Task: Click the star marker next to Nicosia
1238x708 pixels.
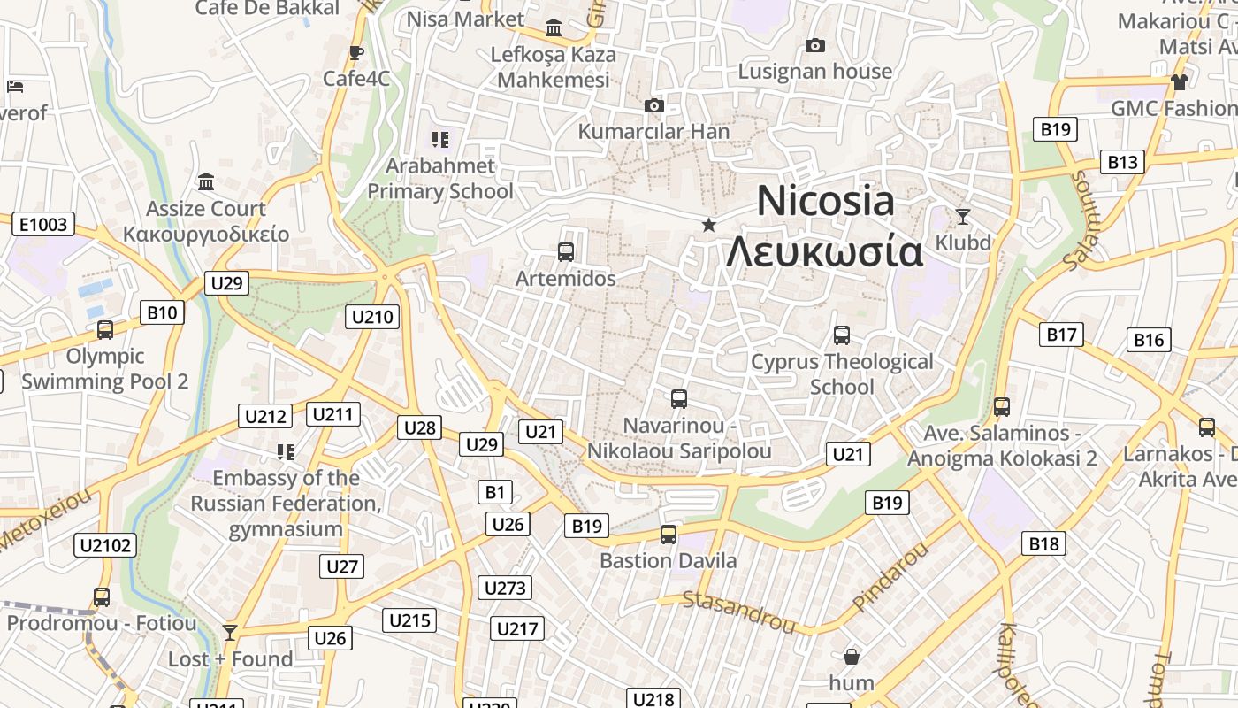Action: (x=708, y=225)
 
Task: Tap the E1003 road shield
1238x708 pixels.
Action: (x=42, y=224)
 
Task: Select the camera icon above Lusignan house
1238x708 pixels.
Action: (x=815, y=46)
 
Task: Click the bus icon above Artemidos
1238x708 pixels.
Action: (x=566, y=252)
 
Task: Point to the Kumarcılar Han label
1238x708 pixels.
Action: (x=653, y=132)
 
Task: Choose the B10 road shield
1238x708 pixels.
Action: (x=162, y=312)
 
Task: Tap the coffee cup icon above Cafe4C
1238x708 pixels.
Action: (x=356, y=53)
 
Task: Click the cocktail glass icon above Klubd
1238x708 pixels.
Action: (x=963, y=216)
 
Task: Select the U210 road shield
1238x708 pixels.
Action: (x=374, y=316)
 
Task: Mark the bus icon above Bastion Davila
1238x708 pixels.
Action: (x=669, y=535)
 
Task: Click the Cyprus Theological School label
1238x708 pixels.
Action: (x=842, y=373)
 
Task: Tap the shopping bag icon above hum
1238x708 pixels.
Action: (x=852, y=657)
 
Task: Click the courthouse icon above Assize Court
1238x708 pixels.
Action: (x=206, y=182)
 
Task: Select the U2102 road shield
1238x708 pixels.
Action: (x=105, y=544)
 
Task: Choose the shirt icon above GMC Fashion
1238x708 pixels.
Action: (x=1180, y=82)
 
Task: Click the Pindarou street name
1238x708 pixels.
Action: (x=891, y=575)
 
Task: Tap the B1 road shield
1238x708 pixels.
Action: (x=495, y=491)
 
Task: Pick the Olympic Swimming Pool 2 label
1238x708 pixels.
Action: (x=105, y=369)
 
